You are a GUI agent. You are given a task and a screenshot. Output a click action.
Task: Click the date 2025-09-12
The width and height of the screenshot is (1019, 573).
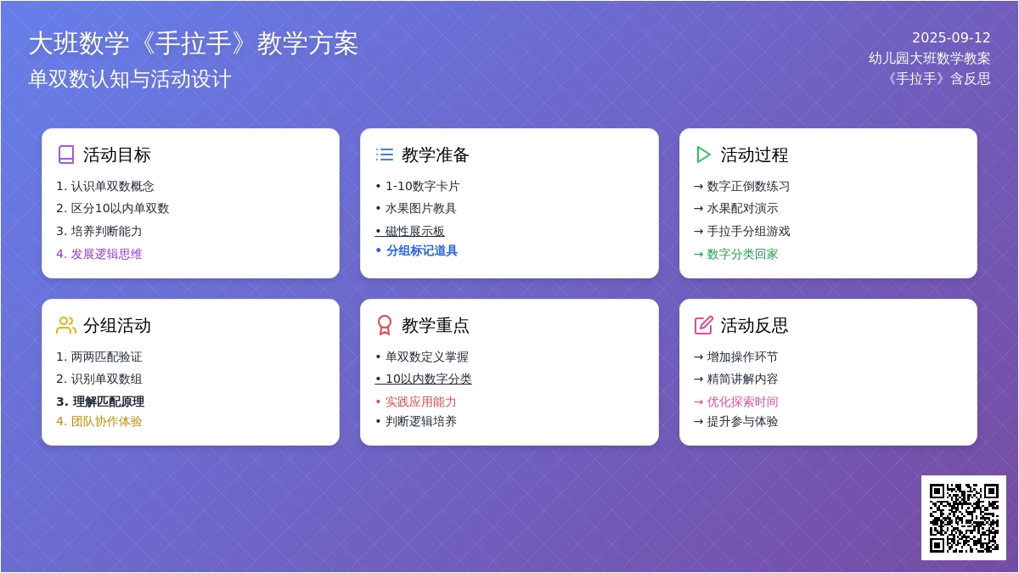click(951, 37)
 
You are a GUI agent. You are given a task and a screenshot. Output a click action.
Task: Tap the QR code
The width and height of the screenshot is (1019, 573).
click(964, 518)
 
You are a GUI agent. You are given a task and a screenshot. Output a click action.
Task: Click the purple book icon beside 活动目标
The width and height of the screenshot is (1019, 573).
click(66, 154)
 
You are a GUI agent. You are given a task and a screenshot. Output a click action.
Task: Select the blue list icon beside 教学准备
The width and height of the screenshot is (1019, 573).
click(385, 154)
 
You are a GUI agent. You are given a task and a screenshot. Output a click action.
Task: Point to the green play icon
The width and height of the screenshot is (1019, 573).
click(703, 154)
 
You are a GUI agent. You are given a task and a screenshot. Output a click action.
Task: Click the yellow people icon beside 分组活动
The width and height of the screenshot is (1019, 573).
click(66, 325)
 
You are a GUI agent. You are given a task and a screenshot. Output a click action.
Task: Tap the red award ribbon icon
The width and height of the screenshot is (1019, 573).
click(385, 325)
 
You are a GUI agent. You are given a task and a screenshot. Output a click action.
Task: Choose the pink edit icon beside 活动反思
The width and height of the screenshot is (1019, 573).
click(703, 325)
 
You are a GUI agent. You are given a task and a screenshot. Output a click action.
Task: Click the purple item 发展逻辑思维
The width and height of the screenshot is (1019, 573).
click(99, 254)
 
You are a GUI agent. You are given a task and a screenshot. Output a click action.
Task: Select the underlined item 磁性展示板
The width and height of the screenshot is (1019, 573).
click(409, 231)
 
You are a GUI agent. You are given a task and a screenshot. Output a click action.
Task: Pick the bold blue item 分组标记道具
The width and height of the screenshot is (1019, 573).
click(417, 250)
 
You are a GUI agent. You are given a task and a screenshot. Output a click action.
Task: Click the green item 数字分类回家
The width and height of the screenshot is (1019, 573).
click(736, 254)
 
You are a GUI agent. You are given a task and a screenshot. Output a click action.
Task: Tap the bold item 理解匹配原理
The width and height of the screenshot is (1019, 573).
click(100, 402)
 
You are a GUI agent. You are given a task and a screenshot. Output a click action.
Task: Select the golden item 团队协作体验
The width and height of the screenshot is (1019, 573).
click(99, 421)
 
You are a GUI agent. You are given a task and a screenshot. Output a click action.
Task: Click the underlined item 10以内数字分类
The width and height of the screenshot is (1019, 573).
click(423, 379)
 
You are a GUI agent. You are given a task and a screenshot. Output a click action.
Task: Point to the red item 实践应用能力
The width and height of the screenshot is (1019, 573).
click(416, 402)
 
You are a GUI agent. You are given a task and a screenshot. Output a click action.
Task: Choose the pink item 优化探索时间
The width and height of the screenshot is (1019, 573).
click(736, 402)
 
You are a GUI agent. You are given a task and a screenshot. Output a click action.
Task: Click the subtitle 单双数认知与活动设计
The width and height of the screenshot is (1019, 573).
click(130, 79)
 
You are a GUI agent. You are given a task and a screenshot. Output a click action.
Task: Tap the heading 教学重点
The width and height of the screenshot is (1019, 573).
click(436, 326)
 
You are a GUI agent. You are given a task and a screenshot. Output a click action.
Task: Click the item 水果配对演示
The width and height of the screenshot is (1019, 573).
click(736, 208)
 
